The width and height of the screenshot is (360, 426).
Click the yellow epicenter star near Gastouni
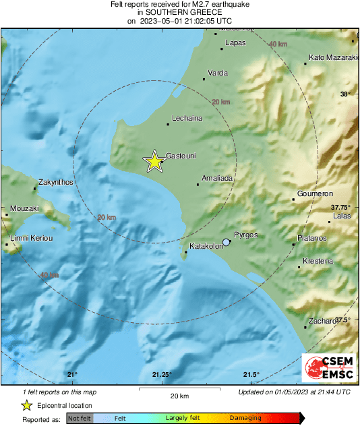154,161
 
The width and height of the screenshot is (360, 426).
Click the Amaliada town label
218,179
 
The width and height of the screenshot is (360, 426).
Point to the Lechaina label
187,117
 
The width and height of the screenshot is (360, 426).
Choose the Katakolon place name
206,246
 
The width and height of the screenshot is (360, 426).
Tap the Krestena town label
318,260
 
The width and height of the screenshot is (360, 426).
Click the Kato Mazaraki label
333,58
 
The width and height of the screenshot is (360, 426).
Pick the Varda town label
218,72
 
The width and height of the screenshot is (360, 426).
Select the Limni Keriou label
31,239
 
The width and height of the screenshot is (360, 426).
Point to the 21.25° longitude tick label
162,375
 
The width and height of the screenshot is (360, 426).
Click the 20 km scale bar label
179,395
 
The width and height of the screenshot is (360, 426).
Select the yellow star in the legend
26,405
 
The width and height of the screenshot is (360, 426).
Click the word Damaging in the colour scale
245,418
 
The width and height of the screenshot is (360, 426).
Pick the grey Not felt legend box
79,419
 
